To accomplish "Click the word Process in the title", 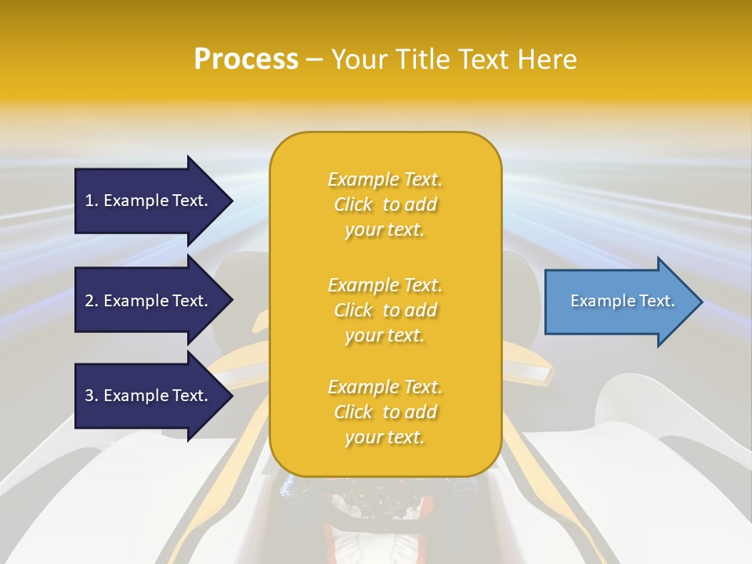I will (x=246, y=60).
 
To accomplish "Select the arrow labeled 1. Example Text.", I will (x=149, y=201).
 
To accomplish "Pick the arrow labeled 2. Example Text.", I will (x=149, y=301).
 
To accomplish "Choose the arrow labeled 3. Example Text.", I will (x=149, y=396).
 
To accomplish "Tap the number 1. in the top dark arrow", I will (x=92, y=201).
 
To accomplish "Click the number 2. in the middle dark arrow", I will (x=92, y=301).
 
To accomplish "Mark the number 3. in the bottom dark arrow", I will (x=92, y=396).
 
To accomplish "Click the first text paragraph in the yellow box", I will (x=385, y=204).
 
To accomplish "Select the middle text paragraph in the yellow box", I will (x=385, y=310).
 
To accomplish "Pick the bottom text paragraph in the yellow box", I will (x=385, y=412).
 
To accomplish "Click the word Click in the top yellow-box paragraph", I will (x=353, y=204).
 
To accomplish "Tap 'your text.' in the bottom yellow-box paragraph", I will (x=385, y=437).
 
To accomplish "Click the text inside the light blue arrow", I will (x=622, y=301).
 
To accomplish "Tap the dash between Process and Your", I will (x=314, y=60).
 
